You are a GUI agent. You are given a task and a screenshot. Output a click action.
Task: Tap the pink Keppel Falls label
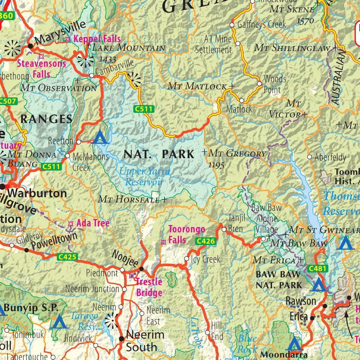point(97,39)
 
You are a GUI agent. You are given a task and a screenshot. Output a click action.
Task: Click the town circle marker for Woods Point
point(259,84)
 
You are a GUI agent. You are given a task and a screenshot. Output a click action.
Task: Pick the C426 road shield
point(206,241)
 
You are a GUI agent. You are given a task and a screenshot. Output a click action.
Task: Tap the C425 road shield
point(67,257)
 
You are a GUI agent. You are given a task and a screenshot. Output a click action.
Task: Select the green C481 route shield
point(318,269)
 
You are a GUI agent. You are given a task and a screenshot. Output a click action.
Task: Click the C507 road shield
point(7,102)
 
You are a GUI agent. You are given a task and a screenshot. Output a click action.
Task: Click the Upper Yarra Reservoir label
point(145,177)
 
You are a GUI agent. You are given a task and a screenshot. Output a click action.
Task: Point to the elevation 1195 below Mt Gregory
point(216,165)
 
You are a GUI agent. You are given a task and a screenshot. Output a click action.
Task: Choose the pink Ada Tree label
point(93,223)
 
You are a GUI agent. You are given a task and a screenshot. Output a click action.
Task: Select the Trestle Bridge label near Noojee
point(149,287)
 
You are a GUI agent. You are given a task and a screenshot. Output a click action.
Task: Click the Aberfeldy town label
point(330,157)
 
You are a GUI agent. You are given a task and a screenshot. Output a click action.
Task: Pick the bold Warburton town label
point(37,193)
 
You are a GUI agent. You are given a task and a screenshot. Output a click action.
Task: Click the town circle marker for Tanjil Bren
point(224,230)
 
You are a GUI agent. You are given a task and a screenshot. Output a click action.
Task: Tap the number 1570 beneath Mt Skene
point(305,21)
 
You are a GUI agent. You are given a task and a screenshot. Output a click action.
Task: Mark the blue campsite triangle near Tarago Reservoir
point(59,322)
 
